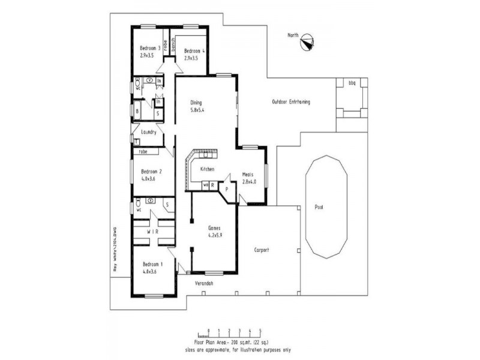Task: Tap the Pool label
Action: tap(319, 206)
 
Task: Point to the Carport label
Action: tap(262, 250)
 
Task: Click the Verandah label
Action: tap(204, 283)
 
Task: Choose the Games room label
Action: tap(214, 228)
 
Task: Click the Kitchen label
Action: tap(207, 169)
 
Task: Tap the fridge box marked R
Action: tap(212, 185)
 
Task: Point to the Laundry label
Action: tap(148, 132)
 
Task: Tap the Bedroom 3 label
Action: tap(150, 48)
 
